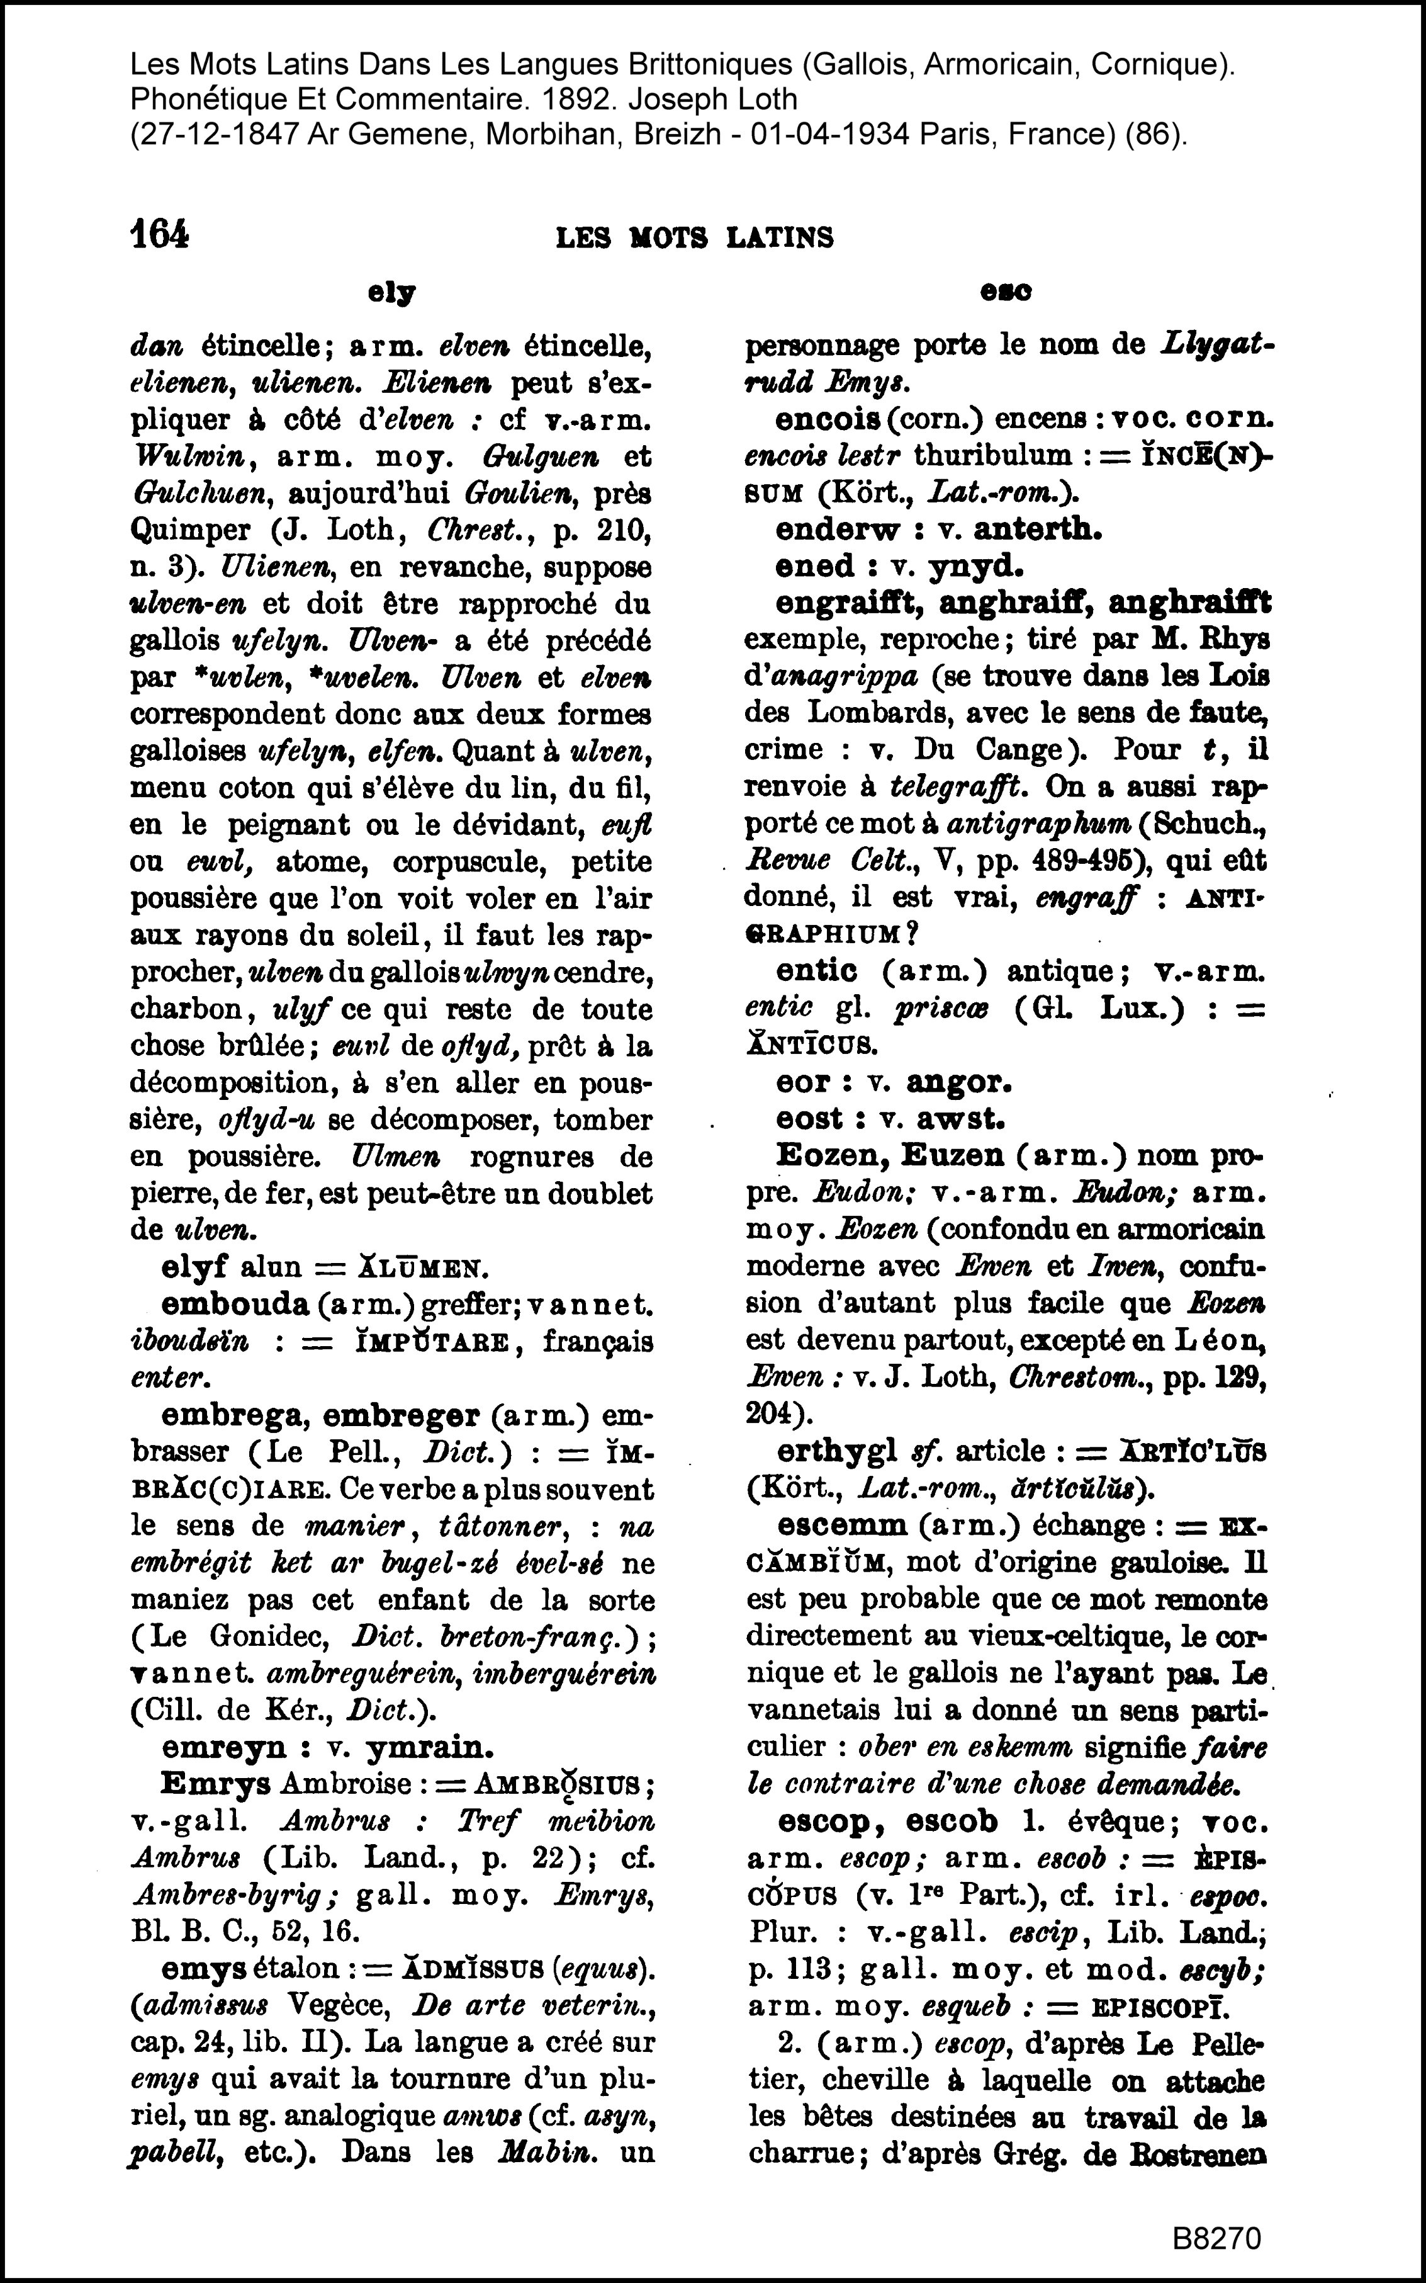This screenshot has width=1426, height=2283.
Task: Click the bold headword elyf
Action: (195, 1266)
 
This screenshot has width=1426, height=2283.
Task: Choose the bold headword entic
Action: (816, 971)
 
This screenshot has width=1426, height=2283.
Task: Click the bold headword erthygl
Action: (836, 1451)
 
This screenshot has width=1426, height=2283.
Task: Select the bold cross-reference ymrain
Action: (429, 1747)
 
